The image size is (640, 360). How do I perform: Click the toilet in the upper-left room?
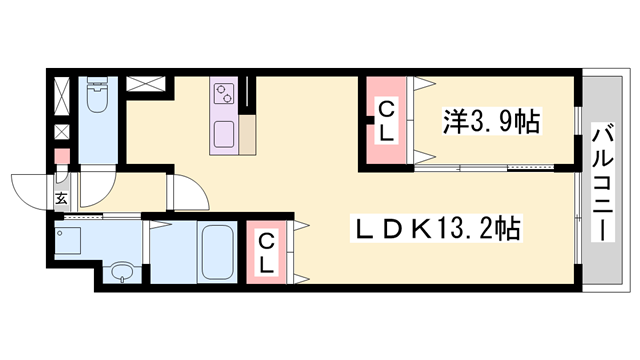98,98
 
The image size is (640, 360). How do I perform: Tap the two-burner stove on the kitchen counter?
222,95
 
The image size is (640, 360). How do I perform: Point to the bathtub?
216,252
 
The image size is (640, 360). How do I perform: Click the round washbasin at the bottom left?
122,272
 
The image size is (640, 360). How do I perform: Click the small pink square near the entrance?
62,157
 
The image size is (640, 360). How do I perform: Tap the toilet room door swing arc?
97,185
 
